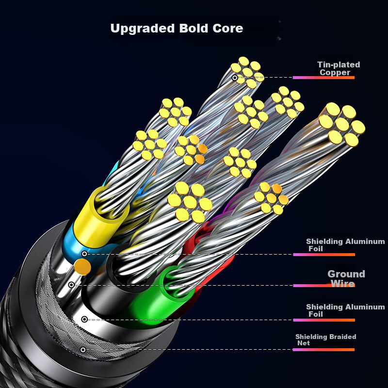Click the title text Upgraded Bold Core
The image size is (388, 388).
click(177, 29)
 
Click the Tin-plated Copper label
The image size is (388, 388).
click(338, 68)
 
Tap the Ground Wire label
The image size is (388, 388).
click(346, 279)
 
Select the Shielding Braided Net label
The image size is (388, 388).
click(325, 339)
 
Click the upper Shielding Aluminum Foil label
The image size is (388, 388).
click(345, 245)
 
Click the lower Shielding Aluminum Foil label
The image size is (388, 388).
click(345, 310)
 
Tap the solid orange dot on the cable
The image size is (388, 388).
click(83, 266)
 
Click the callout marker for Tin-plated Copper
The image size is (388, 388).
click(235, 78)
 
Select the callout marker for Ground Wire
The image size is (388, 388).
click(72, 285)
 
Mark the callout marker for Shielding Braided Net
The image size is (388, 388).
click(83, 350)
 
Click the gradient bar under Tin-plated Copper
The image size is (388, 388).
click(323, 78)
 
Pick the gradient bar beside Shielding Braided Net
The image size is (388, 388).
click(323, 350)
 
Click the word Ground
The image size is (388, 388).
click(346, 274)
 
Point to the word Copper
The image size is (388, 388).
click(335, 72)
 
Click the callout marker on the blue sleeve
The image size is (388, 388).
click(84, 254)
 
